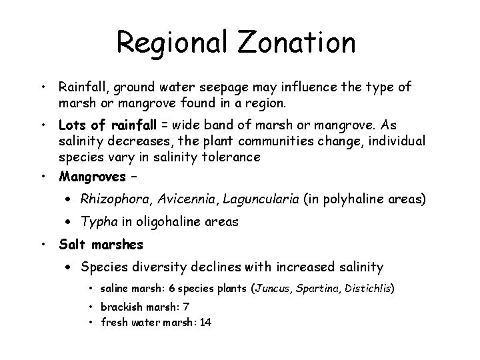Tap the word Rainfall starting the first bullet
pos(83,87)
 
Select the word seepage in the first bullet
pos(219,87)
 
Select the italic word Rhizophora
pos(111,199)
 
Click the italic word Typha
pos(96,221)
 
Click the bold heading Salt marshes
pos(97,245)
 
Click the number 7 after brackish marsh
pos(187,307)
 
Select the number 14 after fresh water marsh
pos(207,323)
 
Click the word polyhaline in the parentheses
pos(345,199)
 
